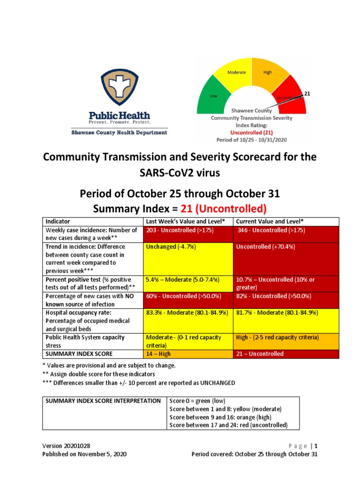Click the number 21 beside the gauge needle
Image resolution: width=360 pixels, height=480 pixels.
coord(307,94)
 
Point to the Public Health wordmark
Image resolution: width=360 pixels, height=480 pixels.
coord(119,115)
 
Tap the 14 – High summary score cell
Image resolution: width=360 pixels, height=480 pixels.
coord(187,354)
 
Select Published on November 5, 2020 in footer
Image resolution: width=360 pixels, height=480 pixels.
coord(84,454)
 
